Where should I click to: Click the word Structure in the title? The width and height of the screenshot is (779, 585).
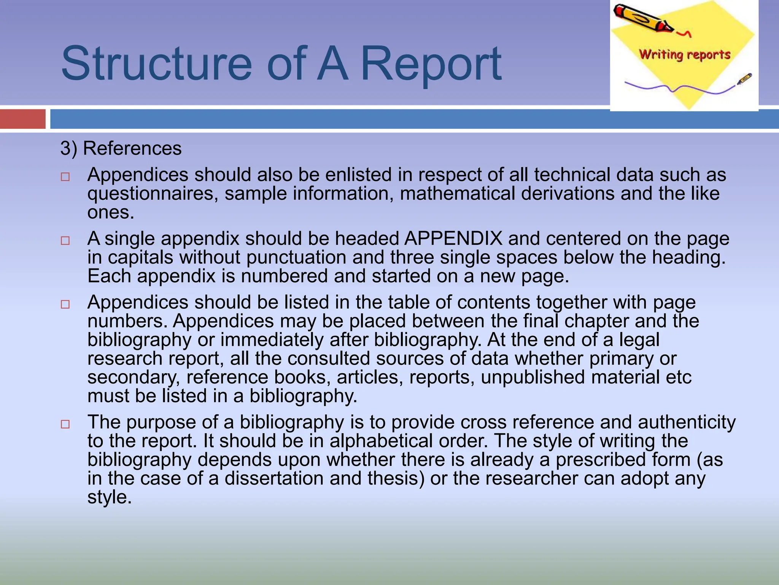(156, 63)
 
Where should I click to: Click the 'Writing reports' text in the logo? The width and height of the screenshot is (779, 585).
(684, 54)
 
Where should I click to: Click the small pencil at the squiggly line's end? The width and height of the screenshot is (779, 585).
(744, 79)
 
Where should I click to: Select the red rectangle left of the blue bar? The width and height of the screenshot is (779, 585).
(22, 119)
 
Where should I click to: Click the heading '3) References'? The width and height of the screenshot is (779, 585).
(121, 148)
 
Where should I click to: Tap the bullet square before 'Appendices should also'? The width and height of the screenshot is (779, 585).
(65, 177)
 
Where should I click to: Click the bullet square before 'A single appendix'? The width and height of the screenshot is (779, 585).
(65, 241)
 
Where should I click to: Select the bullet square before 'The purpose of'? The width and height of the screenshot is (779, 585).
(65, 424)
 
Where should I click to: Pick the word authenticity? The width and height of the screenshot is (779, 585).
(687, 422)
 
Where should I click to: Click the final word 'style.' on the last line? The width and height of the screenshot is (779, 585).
(109, 497)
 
